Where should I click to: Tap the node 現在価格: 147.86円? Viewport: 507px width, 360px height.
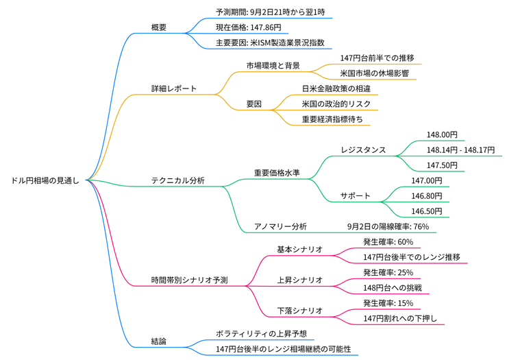(247, 27)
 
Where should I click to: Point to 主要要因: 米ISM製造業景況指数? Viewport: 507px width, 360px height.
(269, 43)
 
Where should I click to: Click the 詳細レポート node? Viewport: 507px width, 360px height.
(174, 88)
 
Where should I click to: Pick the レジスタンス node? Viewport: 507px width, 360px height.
(363, 149)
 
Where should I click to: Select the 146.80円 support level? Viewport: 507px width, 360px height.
(426, 195)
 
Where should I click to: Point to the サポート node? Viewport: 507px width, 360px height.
(356, 195)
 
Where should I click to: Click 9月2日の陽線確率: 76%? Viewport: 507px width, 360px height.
(388, 226)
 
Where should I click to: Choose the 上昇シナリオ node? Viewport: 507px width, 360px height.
(299, 280)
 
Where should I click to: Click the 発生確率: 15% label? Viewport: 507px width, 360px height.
(388, 302)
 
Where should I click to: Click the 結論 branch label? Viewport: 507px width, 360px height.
(159, 341)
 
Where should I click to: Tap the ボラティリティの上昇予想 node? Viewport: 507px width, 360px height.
(260, 333)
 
